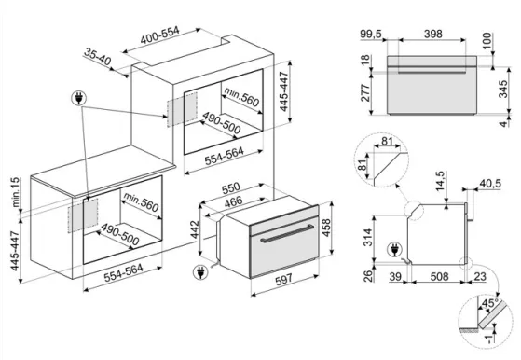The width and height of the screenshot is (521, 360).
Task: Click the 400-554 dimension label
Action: (x=159, y=35)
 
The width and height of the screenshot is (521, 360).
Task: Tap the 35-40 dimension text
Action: (x=97, y=56)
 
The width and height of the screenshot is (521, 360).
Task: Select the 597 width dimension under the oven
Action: (x=283, y=279)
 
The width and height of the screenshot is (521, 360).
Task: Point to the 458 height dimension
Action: (x=326, y=228)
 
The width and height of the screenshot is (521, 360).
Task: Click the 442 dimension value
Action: (x=195, y=229)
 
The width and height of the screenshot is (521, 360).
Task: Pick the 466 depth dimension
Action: (x=233, y=201)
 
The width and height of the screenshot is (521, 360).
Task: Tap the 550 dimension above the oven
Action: (x=230, y=188)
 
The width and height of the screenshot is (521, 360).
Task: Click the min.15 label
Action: (x=15, y=192)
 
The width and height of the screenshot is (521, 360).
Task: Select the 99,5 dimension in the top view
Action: (x=371, y=34)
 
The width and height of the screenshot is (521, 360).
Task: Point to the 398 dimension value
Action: (x=433, y=34)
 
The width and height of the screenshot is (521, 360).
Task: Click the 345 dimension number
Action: (x=503, y=89)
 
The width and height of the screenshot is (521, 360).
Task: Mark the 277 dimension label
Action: (x=365, y=92)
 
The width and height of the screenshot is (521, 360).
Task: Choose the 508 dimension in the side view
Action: (x=439, y=276)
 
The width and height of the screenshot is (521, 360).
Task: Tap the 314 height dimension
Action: (x=368, y=237)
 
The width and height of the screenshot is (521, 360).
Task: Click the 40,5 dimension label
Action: (x=490, y=183)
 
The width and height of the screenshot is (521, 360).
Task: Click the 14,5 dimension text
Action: (x=441, y=181)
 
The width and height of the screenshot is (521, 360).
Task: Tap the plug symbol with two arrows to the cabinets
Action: (x=78, y=98)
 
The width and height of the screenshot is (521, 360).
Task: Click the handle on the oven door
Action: (x=287, y=234)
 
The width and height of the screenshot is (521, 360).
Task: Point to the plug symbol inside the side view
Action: (x=394, y=250)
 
